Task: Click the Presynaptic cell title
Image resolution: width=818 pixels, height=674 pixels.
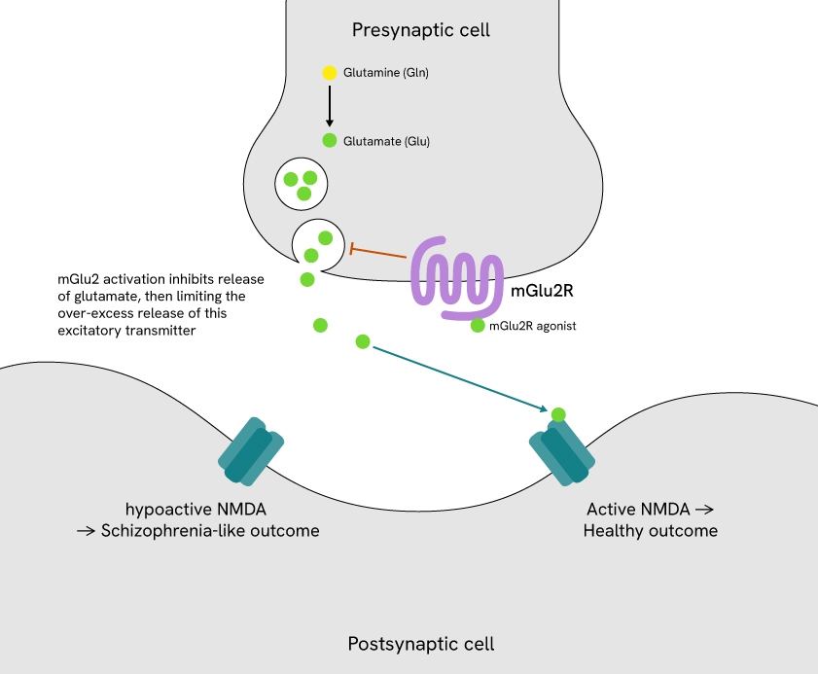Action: coord(420,30)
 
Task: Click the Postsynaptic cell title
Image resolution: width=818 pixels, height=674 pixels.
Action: coord(420,644)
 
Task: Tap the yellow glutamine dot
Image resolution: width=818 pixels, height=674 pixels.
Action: coord(330,73)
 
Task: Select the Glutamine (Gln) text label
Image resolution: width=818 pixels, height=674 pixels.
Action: coord(386,73)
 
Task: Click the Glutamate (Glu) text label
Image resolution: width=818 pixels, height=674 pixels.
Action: coord(386,141)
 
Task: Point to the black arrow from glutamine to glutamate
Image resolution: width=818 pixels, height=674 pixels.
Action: coord(330,106)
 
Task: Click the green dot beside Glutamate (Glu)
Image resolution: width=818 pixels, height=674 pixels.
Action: coord(330,141)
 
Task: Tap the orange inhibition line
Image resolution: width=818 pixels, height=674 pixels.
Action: coord(378,254)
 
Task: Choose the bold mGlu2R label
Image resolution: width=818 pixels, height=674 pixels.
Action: coord(542,290)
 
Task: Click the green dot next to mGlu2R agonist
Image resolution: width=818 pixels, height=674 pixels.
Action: coord(478,326)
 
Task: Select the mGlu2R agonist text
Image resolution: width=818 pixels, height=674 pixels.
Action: coord(533,326)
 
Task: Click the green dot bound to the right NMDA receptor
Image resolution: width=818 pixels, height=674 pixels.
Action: coord(558,415)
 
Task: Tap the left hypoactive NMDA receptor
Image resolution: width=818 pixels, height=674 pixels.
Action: coord(251,451)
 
